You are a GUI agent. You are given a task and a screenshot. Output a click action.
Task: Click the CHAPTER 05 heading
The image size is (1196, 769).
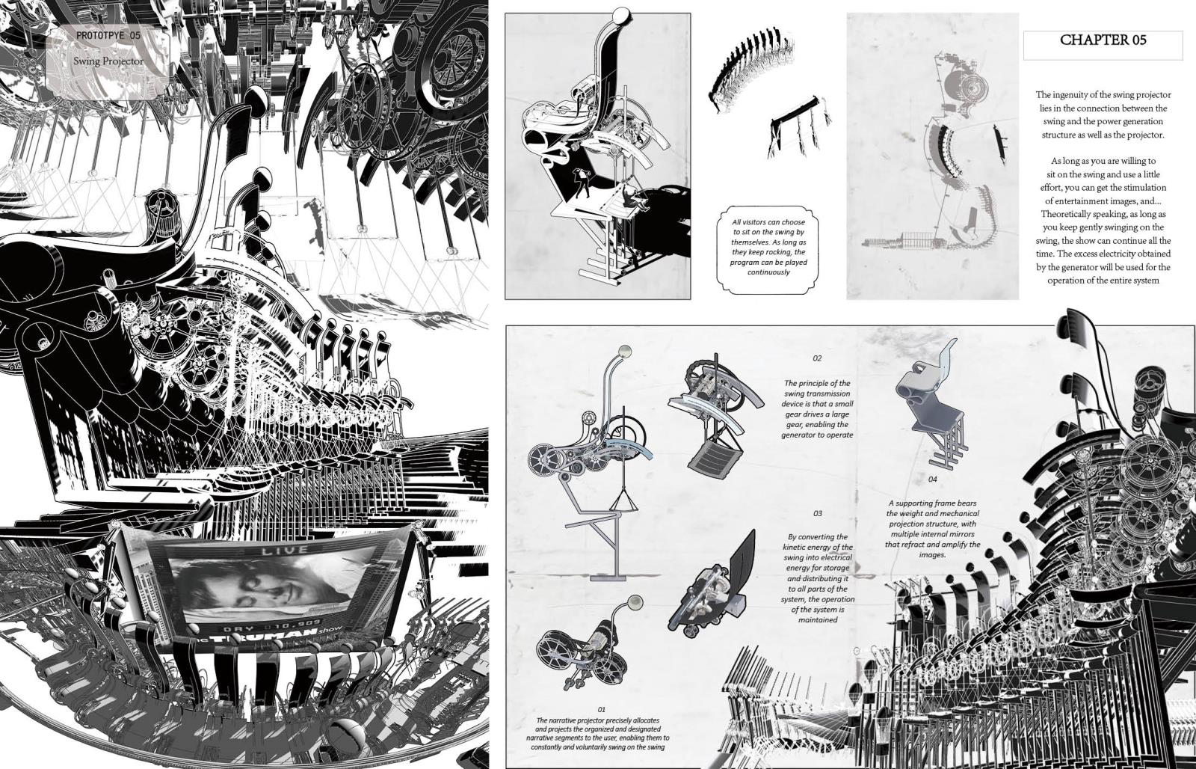1103,40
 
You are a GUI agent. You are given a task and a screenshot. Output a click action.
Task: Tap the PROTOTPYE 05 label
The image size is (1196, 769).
108,35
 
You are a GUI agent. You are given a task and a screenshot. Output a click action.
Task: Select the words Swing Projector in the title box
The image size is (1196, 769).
108,61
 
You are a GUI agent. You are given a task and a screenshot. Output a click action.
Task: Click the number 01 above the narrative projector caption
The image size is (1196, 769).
601,710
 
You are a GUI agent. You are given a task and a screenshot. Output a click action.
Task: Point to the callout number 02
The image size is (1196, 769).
817,358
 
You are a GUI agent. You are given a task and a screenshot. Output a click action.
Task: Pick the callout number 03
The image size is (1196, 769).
818,514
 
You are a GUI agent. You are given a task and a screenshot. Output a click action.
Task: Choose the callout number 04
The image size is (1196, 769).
932,479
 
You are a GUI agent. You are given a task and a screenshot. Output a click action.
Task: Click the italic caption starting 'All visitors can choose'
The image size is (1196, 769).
768,247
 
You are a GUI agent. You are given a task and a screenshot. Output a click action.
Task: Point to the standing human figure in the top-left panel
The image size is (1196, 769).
579,183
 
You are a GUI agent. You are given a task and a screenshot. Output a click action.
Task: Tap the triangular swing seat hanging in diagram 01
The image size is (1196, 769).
623,500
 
